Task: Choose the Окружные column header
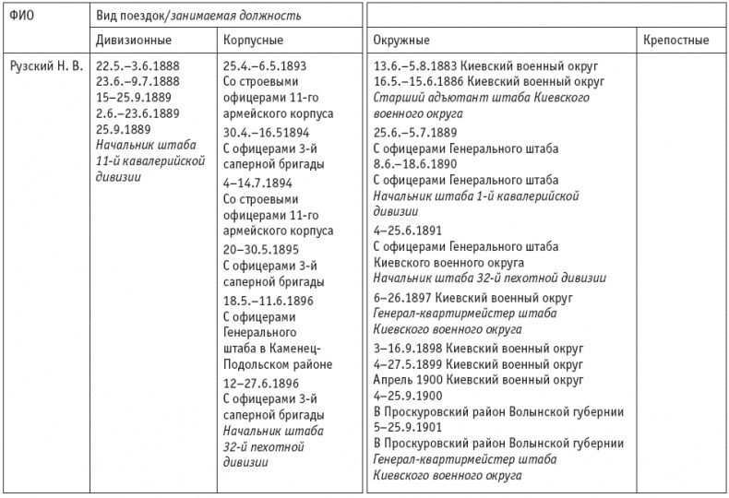tap(402, 41)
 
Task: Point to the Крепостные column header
tap(675, 41)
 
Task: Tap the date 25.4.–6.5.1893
tap(266, 67)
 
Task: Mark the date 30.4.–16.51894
tap(268, 129)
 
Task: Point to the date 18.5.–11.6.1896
tap(268, 301)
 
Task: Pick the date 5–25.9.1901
tap(406, 428)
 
